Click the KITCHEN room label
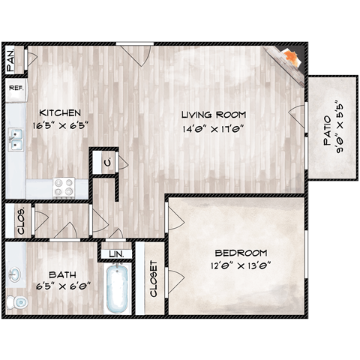pyautogui.click(x=56, y=112)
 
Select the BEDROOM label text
pyautogui.click(x=241, y=253)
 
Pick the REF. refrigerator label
pyautogui.click(x=16, y=88)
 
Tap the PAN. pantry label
pyautogui.click(x=11, y=60)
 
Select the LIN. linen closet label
pyautogui.click(x=115, y=255)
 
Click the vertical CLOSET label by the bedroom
pyautogui.click(x=154, y=278)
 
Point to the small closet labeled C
pyautogui.click(x=108, y=162)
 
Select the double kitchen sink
pyautogui.click(x=15, y=140)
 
